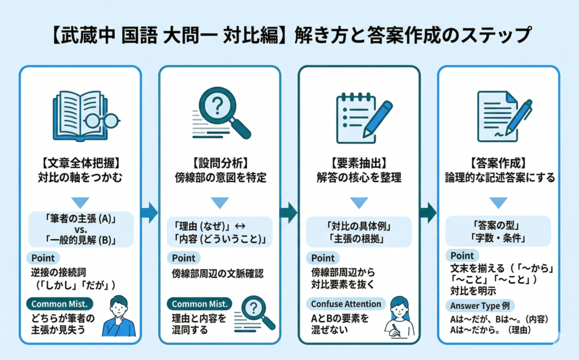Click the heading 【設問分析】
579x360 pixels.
[219, 161]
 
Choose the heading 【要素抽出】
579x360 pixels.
[359, 161]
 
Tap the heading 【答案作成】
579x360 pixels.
[499, 161]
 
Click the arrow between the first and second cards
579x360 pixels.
[150, 212]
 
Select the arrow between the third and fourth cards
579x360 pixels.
[428, 212]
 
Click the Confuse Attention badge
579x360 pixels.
[345, 304]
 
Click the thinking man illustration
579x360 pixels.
[119, 316]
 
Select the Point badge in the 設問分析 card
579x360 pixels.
[183, 258]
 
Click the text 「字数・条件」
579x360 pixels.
[499, 238]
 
